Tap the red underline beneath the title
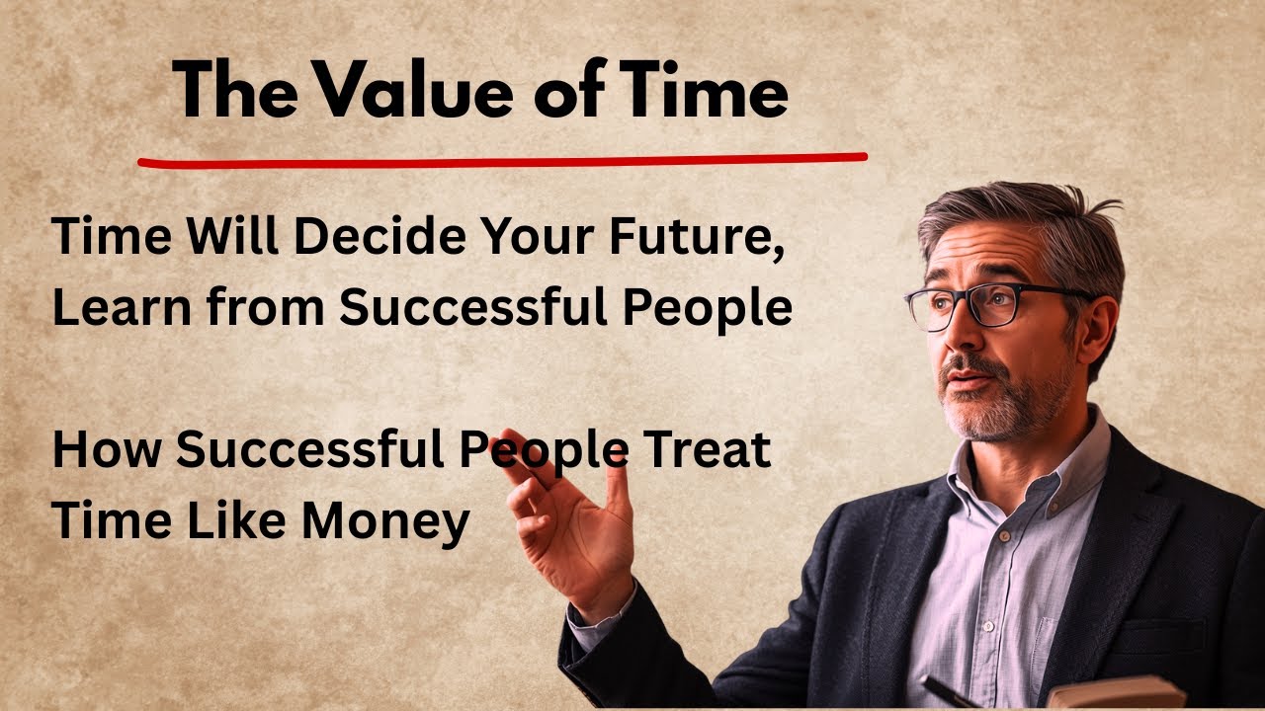[x=502, y=159]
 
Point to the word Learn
[x=109, y=308]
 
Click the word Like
[x=237, y=520]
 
